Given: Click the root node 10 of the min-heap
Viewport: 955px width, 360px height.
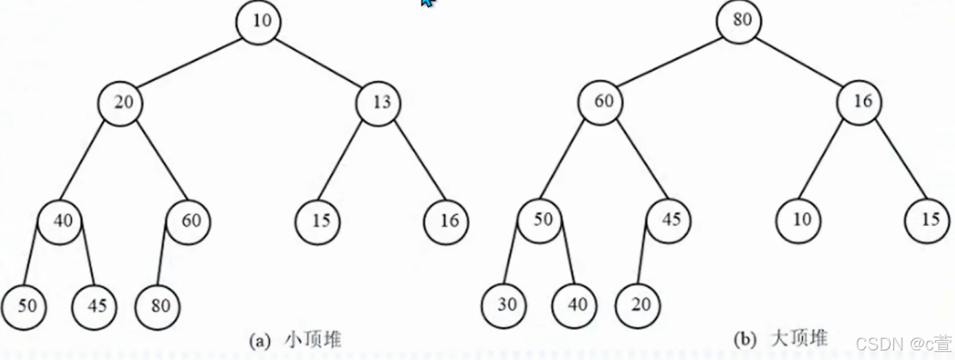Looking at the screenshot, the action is click(x=262, y=21).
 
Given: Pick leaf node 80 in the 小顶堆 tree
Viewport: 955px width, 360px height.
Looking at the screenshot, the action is click(x=159, y=304).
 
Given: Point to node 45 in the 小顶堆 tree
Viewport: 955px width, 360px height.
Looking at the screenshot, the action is click(x=95, y=304).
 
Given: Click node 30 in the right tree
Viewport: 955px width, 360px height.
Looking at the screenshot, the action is click(x=506, y=304).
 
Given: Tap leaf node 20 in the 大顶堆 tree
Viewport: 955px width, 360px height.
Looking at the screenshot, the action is click(x=639, y=304).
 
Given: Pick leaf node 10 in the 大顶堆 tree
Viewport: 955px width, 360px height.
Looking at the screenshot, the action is click(x=802, y=220).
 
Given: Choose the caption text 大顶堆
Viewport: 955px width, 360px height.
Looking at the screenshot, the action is click(x=799, y=338).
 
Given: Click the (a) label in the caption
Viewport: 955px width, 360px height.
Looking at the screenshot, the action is click(x=260, y=340).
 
